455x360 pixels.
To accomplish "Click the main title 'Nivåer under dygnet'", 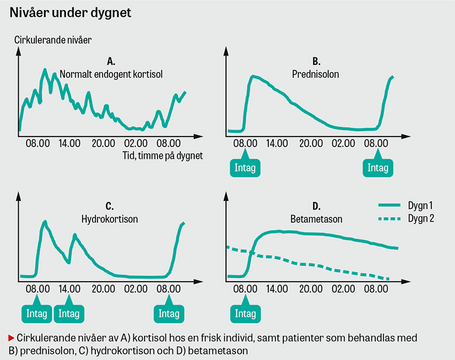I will coord(71,13).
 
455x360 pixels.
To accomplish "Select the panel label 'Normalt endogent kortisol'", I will coord(111,73).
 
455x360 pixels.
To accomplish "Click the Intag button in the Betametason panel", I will coord(245,313).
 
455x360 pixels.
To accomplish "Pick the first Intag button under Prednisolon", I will coord(245,168).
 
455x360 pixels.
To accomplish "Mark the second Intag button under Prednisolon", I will coord(378,168).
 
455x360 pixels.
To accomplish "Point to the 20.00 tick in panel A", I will coord(103,144).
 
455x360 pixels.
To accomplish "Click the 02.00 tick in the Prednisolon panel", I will coord(344,144).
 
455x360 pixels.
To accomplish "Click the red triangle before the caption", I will coord(12,339).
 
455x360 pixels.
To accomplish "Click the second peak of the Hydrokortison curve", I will coord(75,235).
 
